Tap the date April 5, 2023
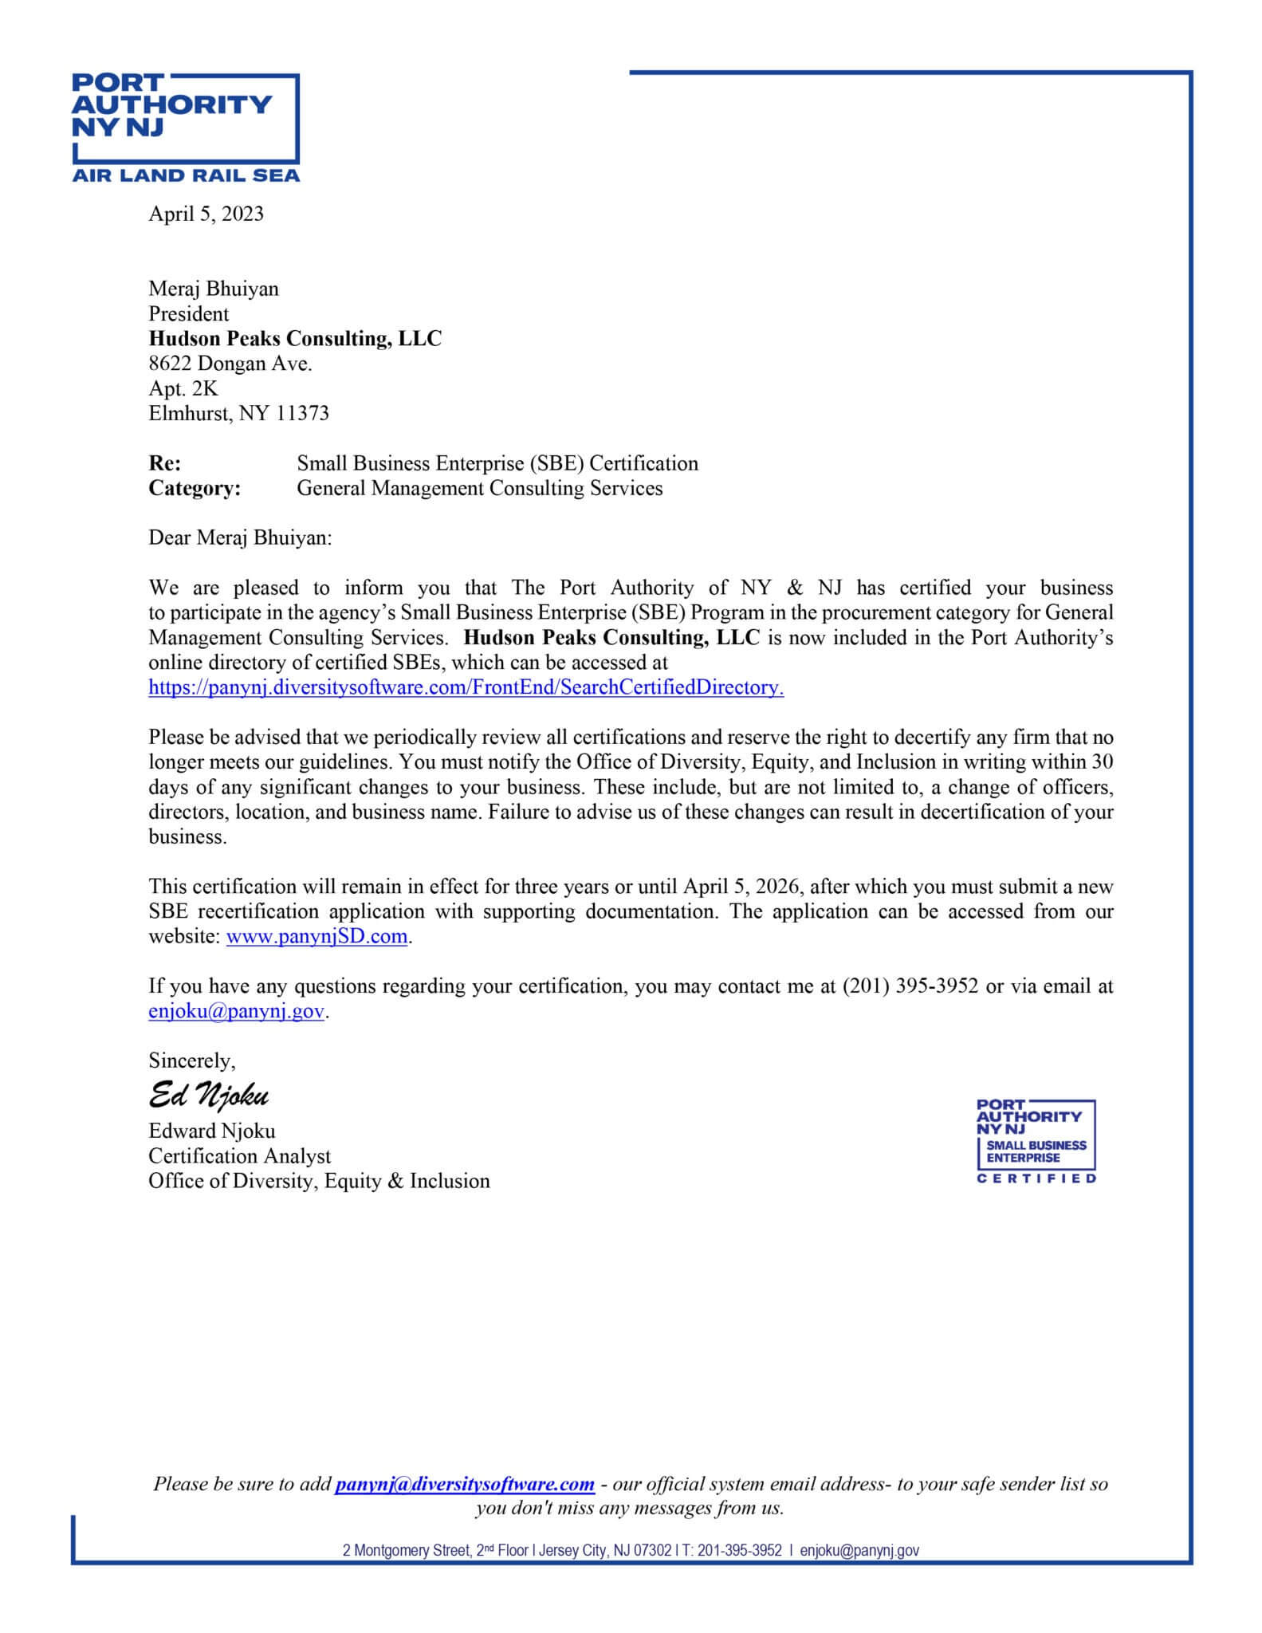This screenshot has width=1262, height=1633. point(206,214)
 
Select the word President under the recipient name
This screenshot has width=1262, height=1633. point(188,313)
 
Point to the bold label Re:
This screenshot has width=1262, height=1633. point(164,463)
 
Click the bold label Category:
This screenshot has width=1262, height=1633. point(195,488)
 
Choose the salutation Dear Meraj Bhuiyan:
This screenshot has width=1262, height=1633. point(239,537)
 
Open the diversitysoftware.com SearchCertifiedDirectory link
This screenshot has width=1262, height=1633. point(466,687)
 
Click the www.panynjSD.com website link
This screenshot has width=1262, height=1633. point(316,936)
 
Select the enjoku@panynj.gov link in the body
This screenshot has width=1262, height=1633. point(236,1011)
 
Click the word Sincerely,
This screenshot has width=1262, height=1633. point(191,1060)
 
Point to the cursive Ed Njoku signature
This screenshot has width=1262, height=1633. point(208,1096)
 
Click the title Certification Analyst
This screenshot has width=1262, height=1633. point(239,1155)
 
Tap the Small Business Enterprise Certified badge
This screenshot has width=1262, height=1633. point(1036,1141)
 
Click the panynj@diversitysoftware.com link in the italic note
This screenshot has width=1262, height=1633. point(465,1484)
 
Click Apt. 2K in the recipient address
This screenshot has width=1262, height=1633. point(183,388)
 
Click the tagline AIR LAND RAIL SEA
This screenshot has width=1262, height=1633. point(186,175)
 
